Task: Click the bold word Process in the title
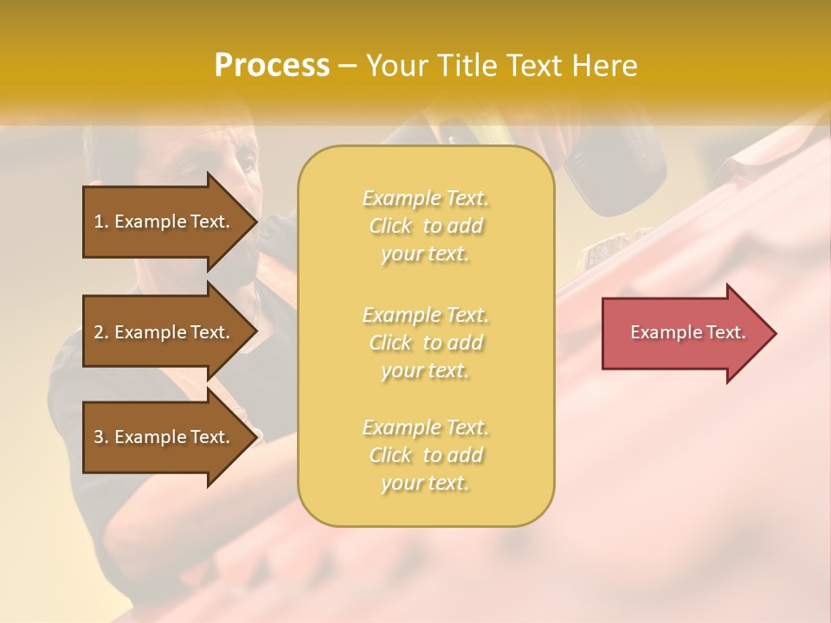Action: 272,66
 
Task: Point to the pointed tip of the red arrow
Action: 774,333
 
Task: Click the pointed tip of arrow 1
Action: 255,222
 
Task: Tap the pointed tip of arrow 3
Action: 255,437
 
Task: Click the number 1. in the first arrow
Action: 101,222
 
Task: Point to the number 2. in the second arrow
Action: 101,332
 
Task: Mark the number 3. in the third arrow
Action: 101,437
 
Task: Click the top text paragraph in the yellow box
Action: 426,226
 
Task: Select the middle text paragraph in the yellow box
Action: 426,343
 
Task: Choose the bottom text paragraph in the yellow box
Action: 426,455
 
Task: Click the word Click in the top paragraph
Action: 392,227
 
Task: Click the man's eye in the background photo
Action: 245,162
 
